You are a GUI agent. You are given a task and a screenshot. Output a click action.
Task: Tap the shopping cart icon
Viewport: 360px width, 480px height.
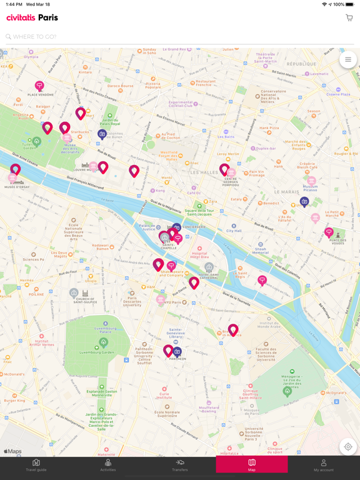pyautogui.click(x=349, y=18)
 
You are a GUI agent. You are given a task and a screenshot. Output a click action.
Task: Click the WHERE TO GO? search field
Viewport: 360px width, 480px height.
pyautogui.click(x=175, y=37)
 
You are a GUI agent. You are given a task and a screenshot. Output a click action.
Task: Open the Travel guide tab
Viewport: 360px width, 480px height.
pyautogui.click(x=36, y=465)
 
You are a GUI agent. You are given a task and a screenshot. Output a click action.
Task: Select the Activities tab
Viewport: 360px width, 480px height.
pyautogui.click(x=107, y=465)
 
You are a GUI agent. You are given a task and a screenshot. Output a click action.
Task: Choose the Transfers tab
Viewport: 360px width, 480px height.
pyautogui.click(x=180, y=465)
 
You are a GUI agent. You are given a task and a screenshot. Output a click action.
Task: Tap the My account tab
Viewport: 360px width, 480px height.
pyautogui.click(x=323, y=465)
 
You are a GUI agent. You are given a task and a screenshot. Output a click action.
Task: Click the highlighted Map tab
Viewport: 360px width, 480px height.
pyautogui.click(x=252, y=465)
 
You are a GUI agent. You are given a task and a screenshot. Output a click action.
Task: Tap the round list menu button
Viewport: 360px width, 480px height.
pyautogui.click(x=348, y=60)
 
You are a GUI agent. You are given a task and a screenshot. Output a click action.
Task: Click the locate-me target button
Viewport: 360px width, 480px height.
pyautogui.click(x=348, y=447)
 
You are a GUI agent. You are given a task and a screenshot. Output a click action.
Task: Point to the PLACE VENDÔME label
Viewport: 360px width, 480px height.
pyautogui.click(x=39, y=95)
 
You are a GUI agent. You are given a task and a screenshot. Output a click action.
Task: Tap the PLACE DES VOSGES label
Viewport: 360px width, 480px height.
pyautogui.click(x=337, y=241)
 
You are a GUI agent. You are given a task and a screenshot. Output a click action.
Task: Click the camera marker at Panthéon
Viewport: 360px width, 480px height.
pyautogui.click(x=177, y=352)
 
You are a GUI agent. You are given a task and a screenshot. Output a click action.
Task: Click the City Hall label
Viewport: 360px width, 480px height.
pyautogui.click(x=234, y=231)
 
